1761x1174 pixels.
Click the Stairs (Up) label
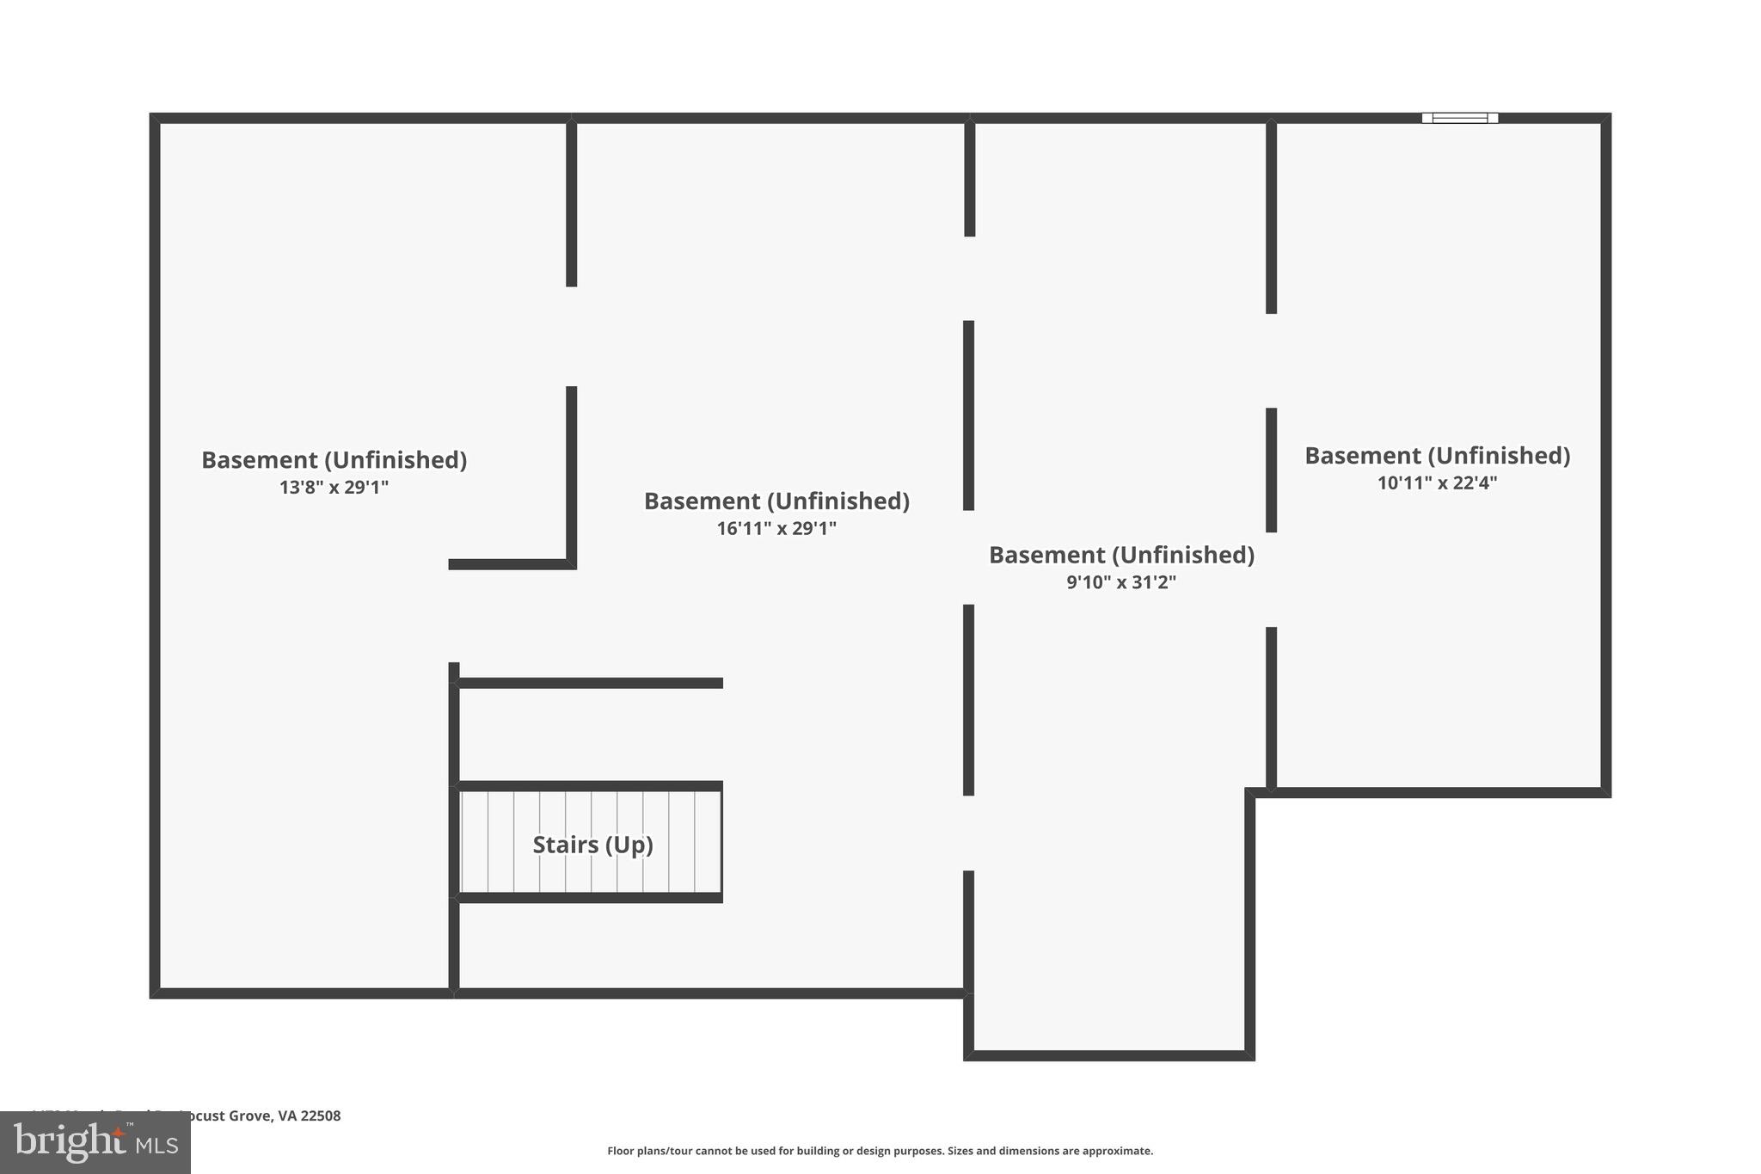tap(592, 845)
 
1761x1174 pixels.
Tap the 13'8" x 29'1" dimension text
tap(334, 488)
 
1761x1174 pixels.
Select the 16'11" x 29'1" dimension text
tap(776, 528)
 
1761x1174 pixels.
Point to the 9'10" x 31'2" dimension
tap(1121, 582)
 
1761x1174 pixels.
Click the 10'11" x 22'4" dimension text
tap(1437, 483)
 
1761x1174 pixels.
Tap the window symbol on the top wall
tap(1459, 118)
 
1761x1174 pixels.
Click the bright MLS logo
tap(95, 1142)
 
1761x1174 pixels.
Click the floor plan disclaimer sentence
tap(880, 1151)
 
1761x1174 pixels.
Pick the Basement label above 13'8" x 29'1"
tap(334, 460)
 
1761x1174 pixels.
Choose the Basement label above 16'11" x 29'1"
tap(776, 501)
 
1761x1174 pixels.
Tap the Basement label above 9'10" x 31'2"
tap(1121, 555)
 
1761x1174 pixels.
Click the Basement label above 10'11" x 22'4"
tap(1437, 456)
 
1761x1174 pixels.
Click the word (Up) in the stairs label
tap(629, 845)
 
